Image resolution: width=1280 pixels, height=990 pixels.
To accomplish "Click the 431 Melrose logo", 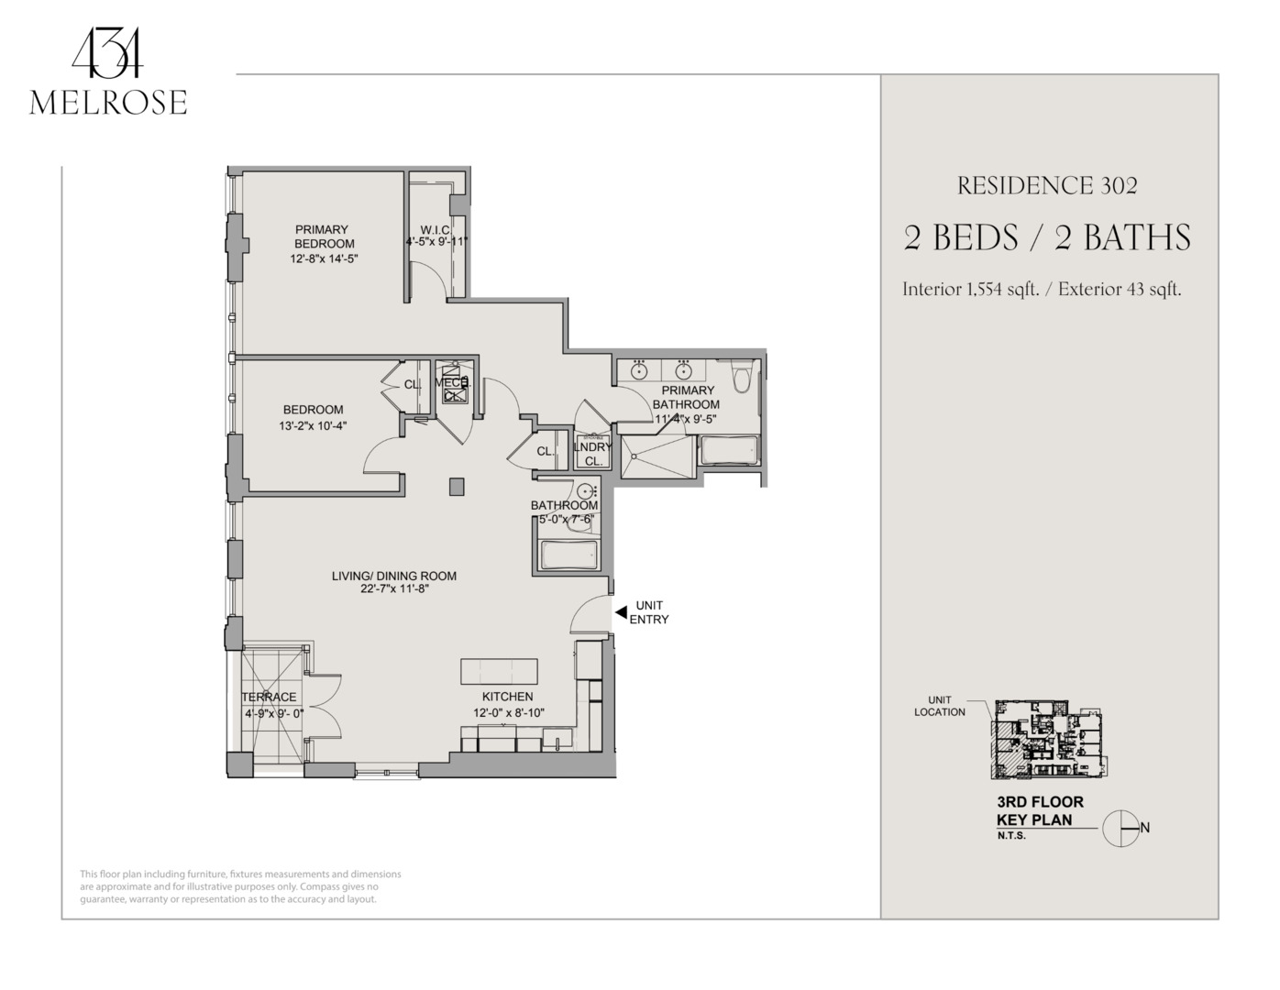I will (x=108, y=77).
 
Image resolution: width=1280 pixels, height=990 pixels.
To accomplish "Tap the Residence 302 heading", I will (x=1047, y=186).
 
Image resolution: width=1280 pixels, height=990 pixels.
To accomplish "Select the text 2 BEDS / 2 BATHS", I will (x=1047, y=238).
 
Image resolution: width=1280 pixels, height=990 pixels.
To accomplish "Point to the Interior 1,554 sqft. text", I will (x=970, y=290).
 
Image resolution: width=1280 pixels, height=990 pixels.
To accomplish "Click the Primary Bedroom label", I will (x=323, y=236).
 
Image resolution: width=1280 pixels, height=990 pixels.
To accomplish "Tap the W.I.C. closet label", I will (x=436, y=230).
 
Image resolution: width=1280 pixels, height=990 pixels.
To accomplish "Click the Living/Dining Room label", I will (x=394, y=576).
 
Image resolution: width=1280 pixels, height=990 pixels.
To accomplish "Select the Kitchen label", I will (x=507, y=697).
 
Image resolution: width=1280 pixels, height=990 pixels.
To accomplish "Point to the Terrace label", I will (x=270, y=697).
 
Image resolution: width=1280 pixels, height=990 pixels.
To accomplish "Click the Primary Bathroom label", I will (x=686, y=397).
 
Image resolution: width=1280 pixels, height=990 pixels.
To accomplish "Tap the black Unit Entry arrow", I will (x=621, y=611).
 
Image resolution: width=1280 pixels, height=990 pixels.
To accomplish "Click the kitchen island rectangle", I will (x=499, y=671).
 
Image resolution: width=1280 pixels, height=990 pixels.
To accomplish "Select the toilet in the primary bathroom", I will (x=742, y=375).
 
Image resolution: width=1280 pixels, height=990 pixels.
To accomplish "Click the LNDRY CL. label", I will (x=592, y=454).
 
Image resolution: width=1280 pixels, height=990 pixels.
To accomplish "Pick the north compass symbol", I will (x=1120, y=829).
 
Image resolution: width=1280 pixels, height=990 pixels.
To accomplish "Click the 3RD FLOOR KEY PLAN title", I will (x=1040, y=811).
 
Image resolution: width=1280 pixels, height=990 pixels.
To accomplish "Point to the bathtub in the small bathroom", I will (x=569, y=555).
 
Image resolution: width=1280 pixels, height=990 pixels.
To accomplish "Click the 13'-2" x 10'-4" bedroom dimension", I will (x=313, y=425).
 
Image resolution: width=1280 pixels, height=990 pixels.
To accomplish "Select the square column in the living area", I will (x=457, y=487).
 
